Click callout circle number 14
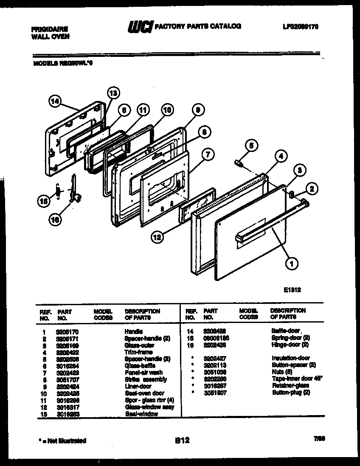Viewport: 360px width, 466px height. click(54, 101)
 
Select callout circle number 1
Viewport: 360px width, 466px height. click(291, 264)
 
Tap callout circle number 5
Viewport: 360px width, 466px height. click(251, 146)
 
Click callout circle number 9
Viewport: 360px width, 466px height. click(196, 110)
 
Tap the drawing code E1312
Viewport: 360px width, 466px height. click(293, 292)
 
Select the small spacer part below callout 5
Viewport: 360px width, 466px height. click(239, 163)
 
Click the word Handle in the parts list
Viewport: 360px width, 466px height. click(133, 331)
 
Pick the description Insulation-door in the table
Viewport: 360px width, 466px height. click(290, 358)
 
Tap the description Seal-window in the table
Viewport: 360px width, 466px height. click(141, 414)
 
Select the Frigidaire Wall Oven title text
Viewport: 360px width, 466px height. click(50, 33)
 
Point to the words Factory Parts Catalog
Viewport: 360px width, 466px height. click(198, 26)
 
